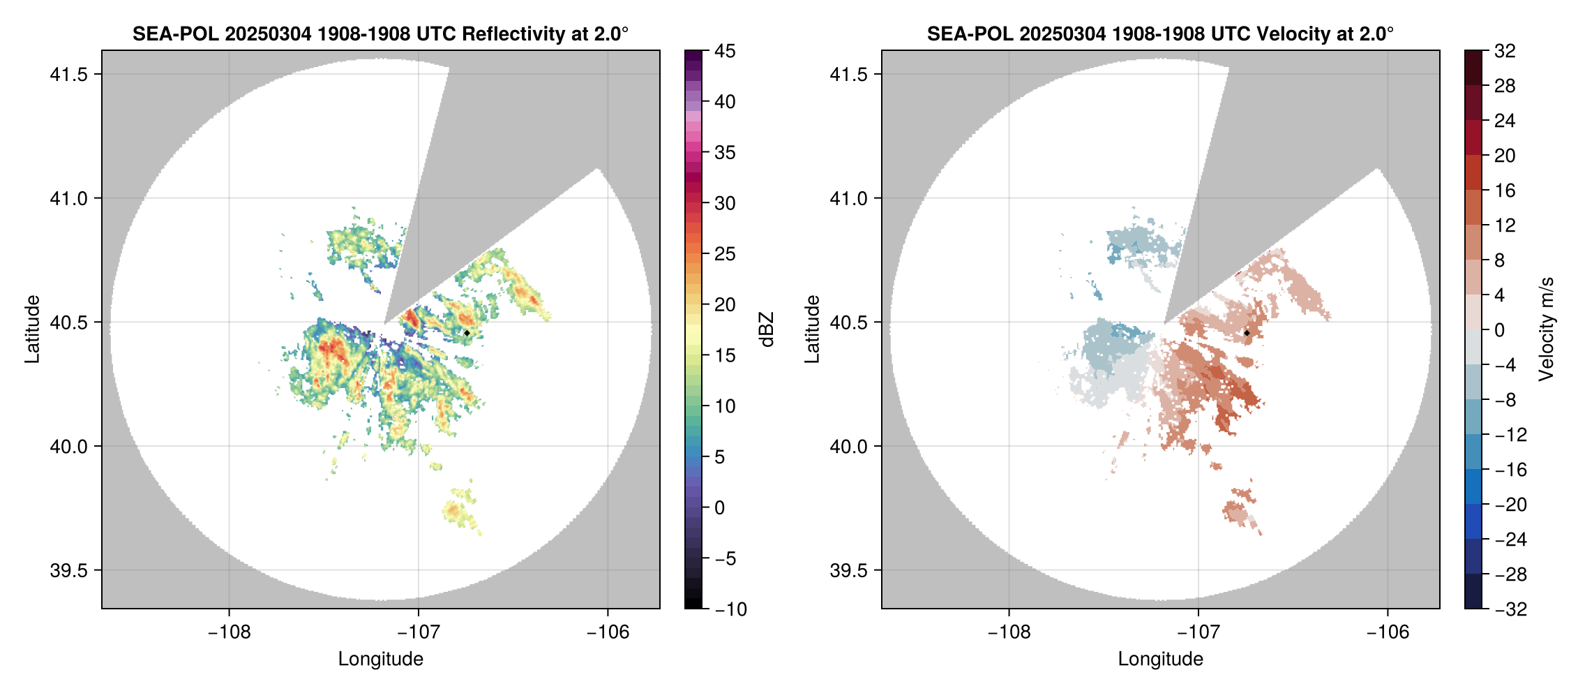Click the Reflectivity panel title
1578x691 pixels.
click(x=380, y=34)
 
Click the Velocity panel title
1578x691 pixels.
click(x=1160, y=34)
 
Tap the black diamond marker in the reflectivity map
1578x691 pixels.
click(x=467, y=333)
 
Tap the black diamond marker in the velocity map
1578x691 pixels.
click(x=1247, y=333)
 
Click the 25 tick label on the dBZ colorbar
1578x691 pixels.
click(x=725, y=254)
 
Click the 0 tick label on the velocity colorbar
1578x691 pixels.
click(x=1499, y=330)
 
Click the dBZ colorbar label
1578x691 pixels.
click(x=767, y=329)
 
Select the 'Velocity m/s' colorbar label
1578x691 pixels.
click(x=1547, y=329)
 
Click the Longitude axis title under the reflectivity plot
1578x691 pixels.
click(x=380, y=659)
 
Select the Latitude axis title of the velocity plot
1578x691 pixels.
click(x=811, y=329)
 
